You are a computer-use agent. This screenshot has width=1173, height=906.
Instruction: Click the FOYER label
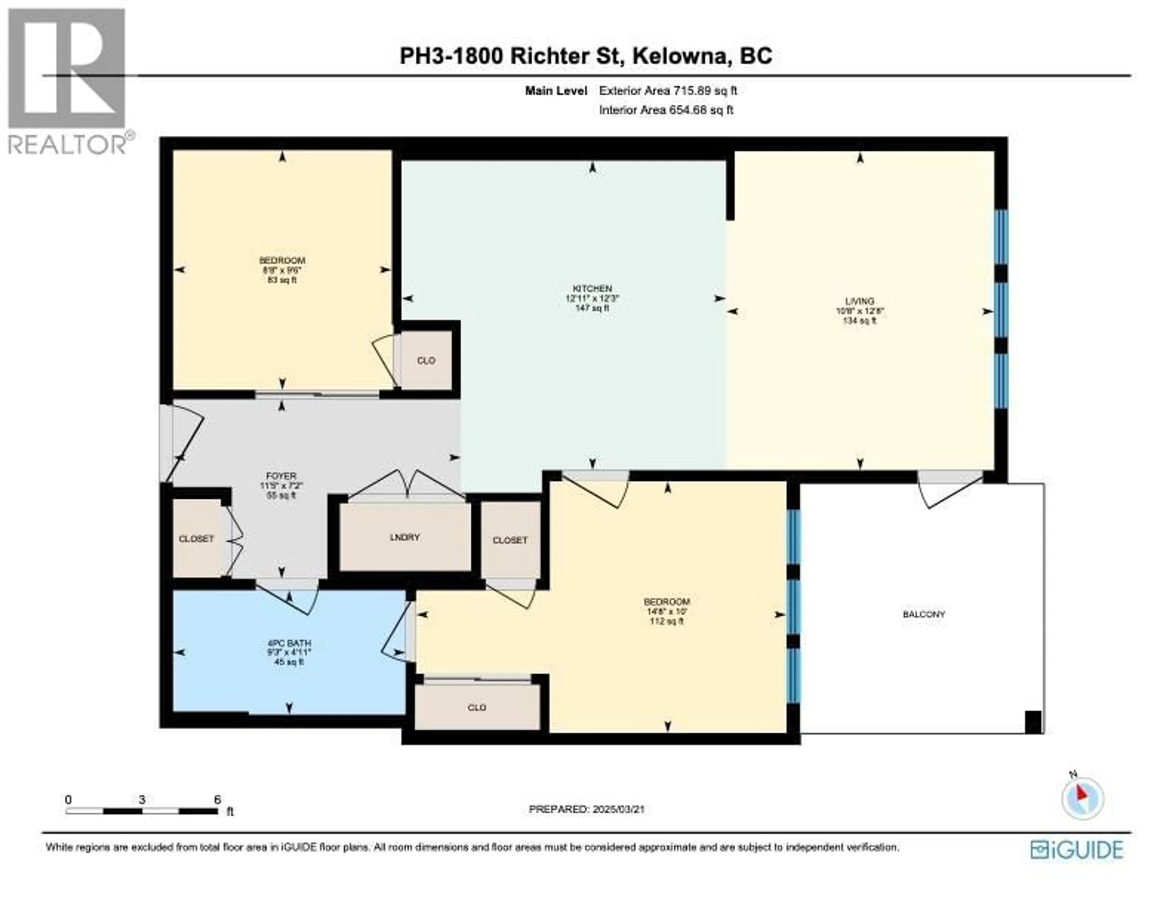point(281,476)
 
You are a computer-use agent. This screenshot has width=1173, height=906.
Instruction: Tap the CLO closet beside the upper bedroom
point(426,361)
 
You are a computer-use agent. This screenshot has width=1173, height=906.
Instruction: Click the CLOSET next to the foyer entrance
point(196,539)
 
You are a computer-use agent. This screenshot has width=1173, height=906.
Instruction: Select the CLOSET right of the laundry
point(510,540)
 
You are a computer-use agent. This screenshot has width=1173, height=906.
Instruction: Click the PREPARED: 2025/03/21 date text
point(586,824)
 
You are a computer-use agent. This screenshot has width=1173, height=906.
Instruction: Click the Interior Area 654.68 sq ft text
point(666,110)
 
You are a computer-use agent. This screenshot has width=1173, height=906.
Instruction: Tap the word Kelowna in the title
point(680,56)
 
